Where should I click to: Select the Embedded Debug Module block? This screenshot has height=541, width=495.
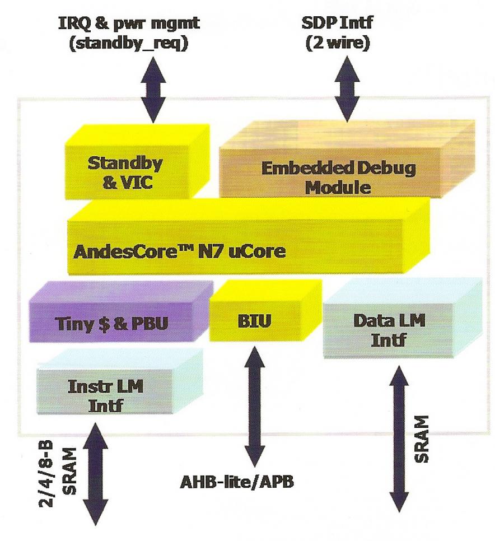coord(347,160)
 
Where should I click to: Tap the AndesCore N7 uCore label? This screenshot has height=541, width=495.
coord(179,251)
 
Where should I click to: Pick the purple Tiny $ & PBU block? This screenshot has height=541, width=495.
coord(121,311)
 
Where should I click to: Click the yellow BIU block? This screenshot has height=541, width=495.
coord(265,310)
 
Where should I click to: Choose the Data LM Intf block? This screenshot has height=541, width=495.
coord(402,318)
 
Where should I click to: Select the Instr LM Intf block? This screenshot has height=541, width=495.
coord(120,381)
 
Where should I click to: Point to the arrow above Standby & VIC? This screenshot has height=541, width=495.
coord(153,90)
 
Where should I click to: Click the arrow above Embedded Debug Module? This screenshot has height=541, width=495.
coord(347,90)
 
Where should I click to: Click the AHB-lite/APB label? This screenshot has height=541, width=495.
coord(237,482)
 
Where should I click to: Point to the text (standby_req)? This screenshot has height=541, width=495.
coord(129,44)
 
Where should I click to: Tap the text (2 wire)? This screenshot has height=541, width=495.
coord(338,44)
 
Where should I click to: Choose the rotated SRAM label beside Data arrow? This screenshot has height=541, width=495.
coord(422,439)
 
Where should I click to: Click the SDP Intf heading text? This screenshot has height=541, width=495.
coord(337,23)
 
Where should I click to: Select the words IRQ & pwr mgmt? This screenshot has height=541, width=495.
coord(129,24)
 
